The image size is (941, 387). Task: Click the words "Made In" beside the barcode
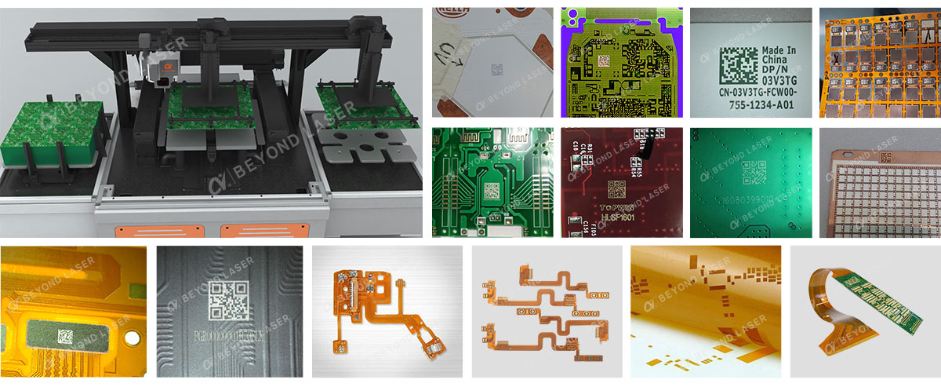(x=779, y=53)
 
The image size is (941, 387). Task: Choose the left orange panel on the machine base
(x=145, y=231)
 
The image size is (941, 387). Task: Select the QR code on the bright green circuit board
(x=494, y=191)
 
